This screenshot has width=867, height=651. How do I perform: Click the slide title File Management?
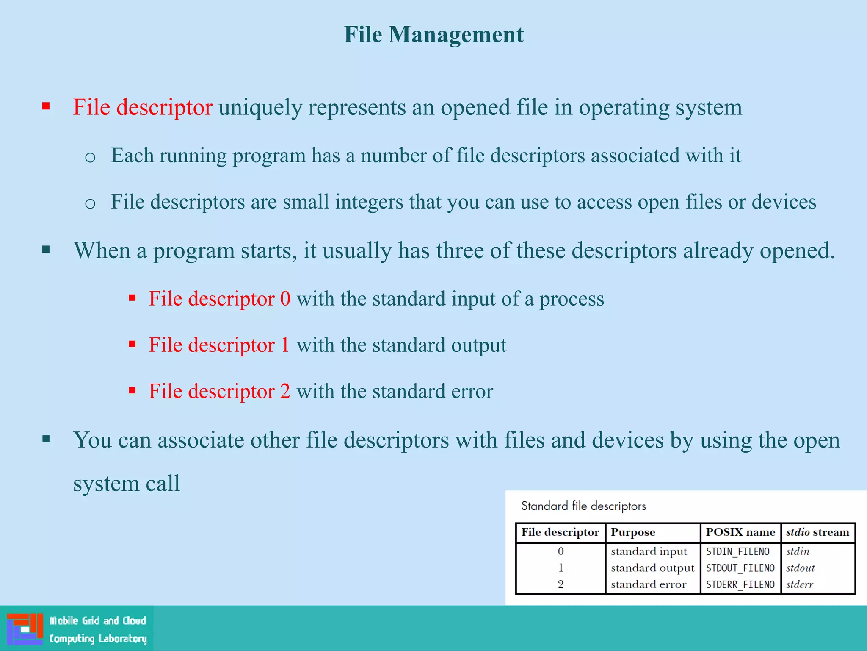coord(433,35)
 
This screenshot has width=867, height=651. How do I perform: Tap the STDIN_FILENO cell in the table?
coord(737,551)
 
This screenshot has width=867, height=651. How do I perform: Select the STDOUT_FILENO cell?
coord(740,568)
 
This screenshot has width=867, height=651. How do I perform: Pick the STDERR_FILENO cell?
coord(740,584)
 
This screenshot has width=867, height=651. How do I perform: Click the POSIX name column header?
coord(740,532)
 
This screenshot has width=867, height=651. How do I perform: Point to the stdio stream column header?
coord(817,532)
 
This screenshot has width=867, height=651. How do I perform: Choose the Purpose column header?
coord(633,532)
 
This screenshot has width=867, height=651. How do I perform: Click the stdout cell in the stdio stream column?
coord(800,568)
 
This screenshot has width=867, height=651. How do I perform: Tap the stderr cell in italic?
coord(799,584)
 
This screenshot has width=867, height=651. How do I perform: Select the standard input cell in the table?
coord(649,551)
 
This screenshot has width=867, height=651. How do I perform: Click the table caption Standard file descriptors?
coord(583,506)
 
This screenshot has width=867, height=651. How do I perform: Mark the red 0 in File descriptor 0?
coord(285,299)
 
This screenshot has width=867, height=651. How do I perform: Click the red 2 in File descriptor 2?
coord(285,391)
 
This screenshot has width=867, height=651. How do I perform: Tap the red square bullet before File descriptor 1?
coord(133,344)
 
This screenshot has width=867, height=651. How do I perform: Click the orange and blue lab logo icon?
coord(25,629)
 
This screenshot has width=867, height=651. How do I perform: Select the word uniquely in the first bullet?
coord(260,108)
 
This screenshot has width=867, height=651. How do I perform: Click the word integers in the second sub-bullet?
coord(369,202)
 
